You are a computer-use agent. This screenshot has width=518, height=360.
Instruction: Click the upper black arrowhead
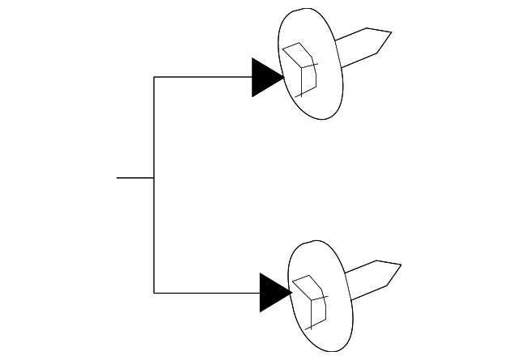tap(265, 78)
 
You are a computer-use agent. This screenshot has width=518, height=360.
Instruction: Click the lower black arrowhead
tap(273, 292)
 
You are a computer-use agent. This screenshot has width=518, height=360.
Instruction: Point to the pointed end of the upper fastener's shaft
tap(391, 33)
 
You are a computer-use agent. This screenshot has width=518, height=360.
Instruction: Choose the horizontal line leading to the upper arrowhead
tap(202, 78)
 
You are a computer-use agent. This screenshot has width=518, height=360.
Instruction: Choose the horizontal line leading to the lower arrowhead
tap(206, 292)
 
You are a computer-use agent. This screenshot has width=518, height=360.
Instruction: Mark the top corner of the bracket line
tap(154, 78)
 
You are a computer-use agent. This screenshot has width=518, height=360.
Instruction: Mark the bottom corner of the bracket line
tap(154, 292)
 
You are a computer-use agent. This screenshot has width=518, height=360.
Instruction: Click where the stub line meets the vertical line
tap(154, 177)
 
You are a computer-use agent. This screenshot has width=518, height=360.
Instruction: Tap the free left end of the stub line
tap(117, 177)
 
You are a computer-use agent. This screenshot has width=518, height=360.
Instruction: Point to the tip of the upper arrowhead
tap(283, 78)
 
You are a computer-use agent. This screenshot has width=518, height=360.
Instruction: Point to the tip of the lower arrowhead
tap(291, 292)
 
